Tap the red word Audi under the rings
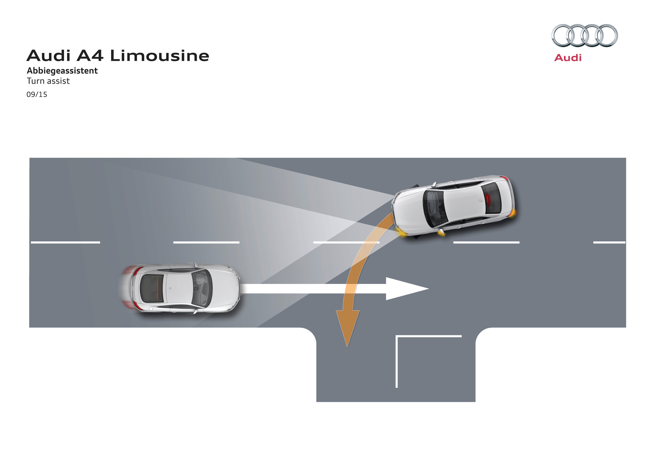click(568, 58)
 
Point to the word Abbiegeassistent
click(62, 71)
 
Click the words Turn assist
click(48, 81)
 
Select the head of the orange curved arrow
click(347, 329)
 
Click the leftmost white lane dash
click(65, 242)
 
